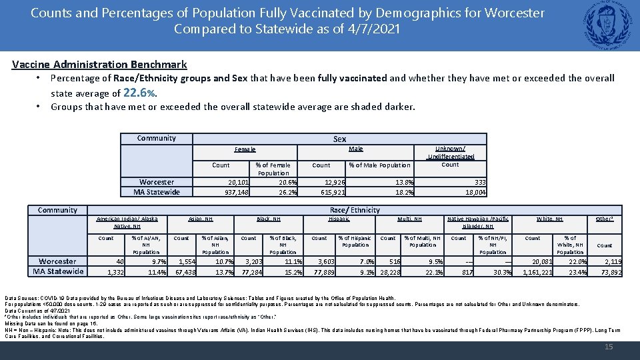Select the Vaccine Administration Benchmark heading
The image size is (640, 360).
click(99, 65)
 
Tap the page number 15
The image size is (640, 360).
click(608, 347)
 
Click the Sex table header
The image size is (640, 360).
click(340, 139)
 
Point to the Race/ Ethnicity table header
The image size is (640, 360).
click(355, 210)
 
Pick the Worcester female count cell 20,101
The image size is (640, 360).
click(239, 183)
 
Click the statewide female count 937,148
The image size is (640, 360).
click(237, 193)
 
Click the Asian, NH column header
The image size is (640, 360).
click(201, 219)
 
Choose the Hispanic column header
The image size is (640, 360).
click(339, 219)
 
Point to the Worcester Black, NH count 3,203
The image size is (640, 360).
click(254, 262)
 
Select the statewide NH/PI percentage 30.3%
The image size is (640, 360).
click(502, 272)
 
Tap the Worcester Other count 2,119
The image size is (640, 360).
click(613, 262)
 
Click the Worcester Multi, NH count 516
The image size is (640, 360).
click(395, 262)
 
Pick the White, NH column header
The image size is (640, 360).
click(549, 219)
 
